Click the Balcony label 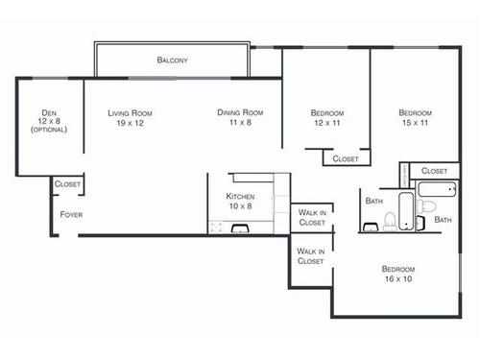(173, 60)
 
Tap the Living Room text (130, 113)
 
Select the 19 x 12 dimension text (130, 123)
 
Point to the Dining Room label (240, 113)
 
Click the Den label (49, 112)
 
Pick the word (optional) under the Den (49, 130)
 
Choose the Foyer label (71, 214)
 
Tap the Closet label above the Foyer (67, 183)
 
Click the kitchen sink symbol (240, 228)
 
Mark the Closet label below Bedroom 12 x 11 (345, 159)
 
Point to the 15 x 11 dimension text (418, 123)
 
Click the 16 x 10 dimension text (398, 279)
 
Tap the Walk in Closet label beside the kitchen (312, 217)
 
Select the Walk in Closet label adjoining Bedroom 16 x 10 (310, 255)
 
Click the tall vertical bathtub (407, 212)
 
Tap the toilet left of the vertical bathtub (388, 222)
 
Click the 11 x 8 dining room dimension (240, 123)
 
